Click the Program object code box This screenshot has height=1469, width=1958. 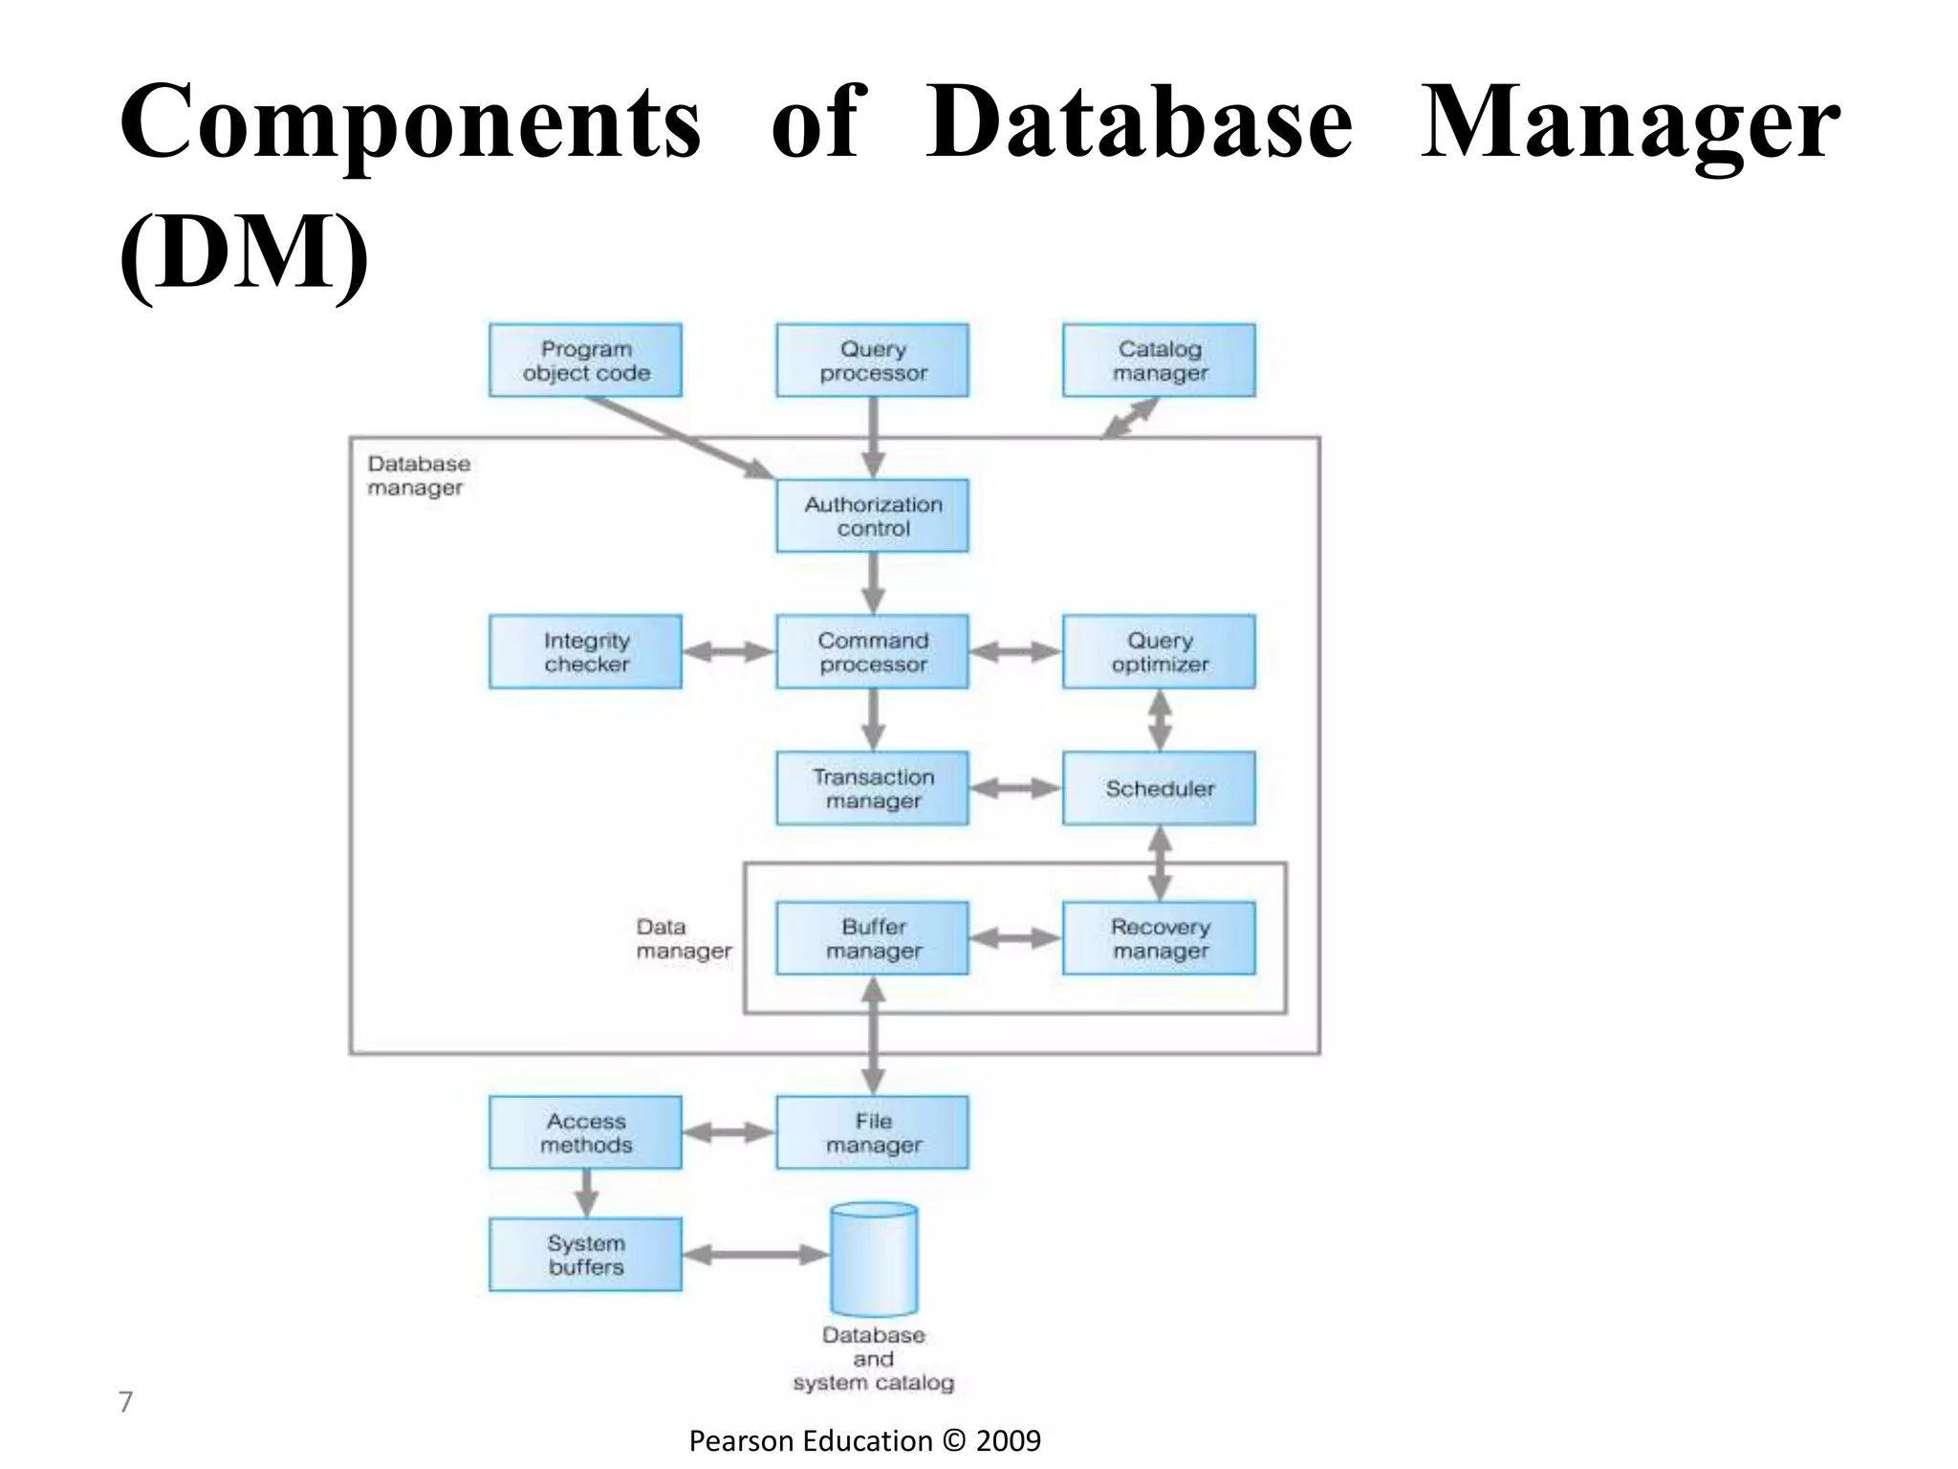point(585,361)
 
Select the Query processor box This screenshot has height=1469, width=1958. point(872,361)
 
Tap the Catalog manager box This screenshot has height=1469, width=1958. point(1159,361)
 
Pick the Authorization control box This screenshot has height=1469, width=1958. point(872,515)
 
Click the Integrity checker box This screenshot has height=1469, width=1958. point(585,651)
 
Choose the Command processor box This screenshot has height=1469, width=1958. point(872,651)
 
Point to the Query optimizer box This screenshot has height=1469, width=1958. point(1159,651)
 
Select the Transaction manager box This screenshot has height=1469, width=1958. point(872,788)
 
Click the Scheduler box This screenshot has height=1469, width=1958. point(1159,788)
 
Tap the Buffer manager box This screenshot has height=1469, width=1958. point(872,938)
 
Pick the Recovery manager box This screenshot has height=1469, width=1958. point(1159,938)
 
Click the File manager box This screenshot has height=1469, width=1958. point(872,1132)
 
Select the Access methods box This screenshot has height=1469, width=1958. point(585,1132)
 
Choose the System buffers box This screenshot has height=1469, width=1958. point(585,1254)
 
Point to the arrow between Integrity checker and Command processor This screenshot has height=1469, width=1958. point(729,652)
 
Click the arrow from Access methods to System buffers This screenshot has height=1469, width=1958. point(587,1193)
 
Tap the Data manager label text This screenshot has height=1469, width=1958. point(683,938)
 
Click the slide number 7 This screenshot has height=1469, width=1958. point(125,1401)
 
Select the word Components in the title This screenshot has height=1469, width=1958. point(411,122)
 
